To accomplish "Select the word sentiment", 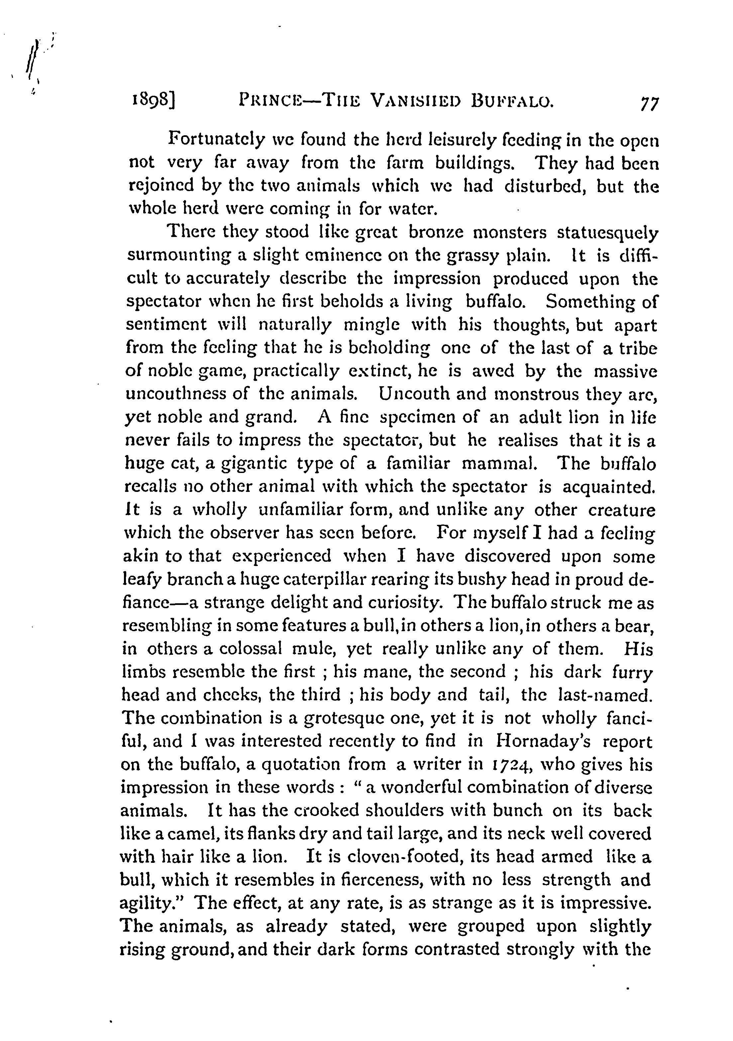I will (166, 325).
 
